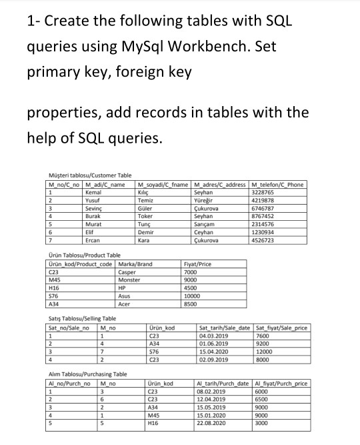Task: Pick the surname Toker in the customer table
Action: click(145, 215)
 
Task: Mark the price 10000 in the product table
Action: click(192, 296)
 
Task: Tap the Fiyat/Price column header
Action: click(197, 264)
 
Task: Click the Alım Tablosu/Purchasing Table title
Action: click(88, 374)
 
